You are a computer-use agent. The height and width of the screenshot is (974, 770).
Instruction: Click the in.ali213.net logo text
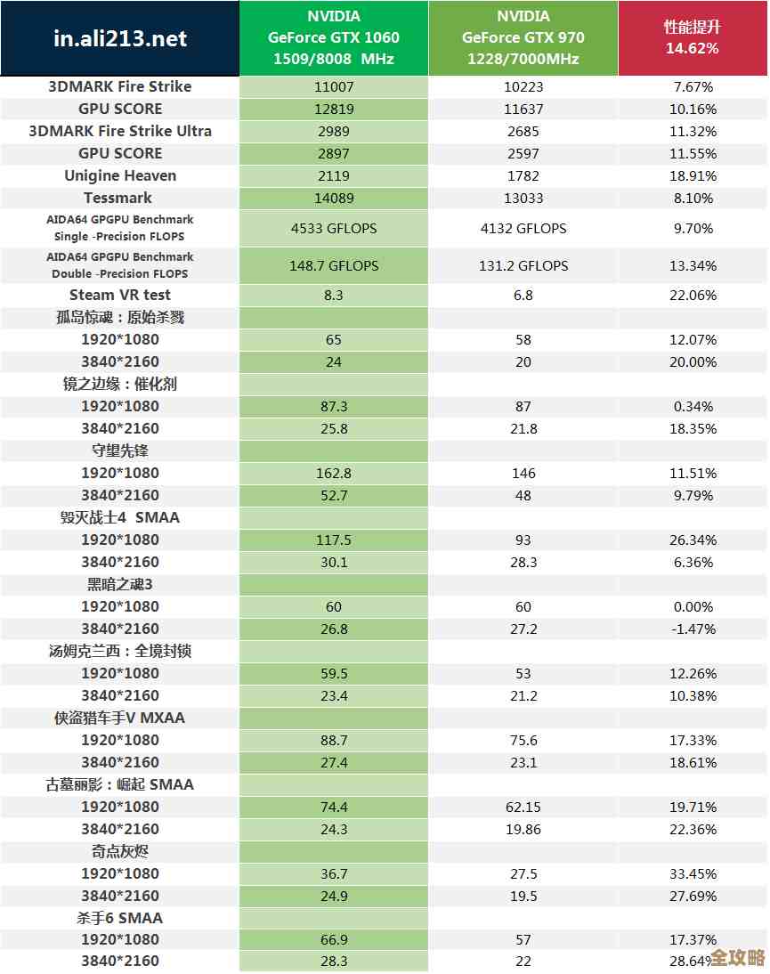(x=120, y=38)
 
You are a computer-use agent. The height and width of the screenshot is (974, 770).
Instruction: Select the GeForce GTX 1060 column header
(x=334, y=37)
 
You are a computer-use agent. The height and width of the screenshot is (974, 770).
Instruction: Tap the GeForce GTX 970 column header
(x=523, y=37)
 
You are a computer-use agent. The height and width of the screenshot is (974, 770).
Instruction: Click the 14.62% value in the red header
(x=692, y=48)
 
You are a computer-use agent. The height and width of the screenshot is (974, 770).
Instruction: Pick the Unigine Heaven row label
(x=120, y=175)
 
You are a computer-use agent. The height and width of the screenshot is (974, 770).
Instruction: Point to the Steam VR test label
(x=120, y=295)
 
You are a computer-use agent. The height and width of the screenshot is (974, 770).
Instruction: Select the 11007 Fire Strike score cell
(x=334, y=86)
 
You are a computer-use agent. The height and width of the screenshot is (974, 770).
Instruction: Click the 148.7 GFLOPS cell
(x=334, y=265)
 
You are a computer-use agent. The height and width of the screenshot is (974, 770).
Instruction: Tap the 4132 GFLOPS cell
(x=523, y=228)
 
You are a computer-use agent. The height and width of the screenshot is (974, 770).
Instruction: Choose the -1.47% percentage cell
(x=692, y=629)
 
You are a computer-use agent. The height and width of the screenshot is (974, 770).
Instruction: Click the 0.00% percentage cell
(x=693, y=606)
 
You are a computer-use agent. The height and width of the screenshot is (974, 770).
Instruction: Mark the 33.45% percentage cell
(x=692, y=873)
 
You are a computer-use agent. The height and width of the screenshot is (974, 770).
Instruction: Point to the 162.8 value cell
(x=334, y=473)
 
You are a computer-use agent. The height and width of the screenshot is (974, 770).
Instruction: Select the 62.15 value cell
(x=523, y=807)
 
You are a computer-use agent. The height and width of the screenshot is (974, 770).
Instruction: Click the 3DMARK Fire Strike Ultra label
(x=120, y=131)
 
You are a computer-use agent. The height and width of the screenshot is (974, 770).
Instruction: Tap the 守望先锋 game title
(x=120, y=450)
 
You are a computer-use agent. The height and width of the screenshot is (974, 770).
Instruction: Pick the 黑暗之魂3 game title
(x=120, y=584)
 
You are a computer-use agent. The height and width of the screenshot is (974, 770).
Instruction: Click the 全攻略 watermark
(x=739, y=958)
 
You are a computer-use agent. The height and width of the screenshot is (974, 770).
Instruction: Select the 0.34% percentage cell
(x=693, y=406)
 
